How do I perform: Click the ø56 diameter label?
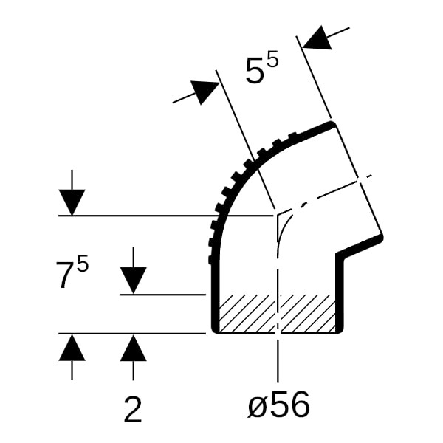(278, 406)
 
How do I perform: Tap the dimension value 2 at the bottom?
(133, 411)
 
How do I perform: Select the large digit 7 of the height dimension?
(64, 275)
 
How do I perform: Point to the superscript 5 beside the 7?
(83, 265)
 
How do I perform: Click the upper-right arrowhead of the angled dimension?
(317, 39)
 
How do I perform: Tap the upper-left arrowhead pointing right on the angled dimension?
(205, 91)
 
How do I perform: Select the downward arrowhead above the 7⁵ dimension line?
(72, 202)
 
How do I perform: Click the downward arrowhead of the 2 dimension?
(133, 281)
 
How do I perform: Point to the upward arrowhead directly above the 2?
(133, 348)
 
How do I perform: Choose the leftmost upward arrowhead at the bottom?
(72, 348)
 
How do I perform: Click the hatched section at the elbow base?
(277, 313)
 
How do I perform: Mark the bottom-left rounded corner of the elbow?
(214, 331)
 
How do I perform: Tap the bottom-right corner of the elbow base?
(341, 331)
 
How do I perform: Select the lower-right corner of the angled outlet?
(381, 237)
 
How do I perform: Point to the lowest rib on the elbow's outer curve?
(210, 260)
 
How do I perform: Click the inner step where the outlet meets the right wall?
(339, 255)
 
